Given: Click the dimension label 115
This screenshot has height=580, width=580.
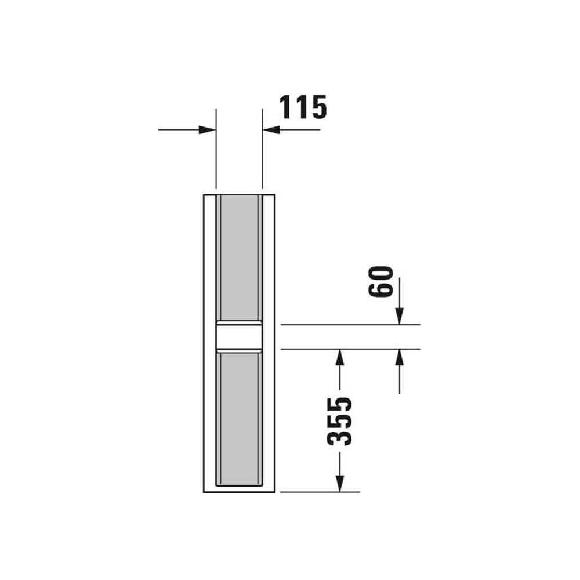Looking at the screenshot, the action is pyautogui.click(x=303, y=107).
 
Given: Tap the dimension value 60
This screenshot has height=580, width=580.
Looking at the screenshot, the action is pyautogui.click(x=380, y=281).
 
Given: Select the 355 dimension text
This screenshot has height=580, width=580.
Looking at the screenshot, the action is pyautogui.click(x=339, y=421).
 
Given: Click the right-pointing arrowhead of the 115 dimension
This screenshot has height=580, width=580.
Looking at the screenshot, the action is pyautogui.click(x=207, y=130).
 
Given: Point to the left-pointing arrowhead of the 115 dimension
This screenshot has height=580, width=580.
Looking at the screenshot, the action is pyautogui.click(x=271, y=130).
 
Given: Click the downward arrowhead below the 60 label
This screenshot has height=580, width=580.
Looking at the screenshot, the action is pyautogui.click(x=399, y=316).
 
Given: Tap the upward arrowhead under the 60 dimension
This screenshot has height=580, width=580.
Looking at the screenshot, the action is pyautogui.click(x=399, y=357).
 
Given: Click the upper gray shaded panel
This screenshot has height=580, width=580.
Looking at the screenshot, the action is pyautogui.click(x=240, y=258).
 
